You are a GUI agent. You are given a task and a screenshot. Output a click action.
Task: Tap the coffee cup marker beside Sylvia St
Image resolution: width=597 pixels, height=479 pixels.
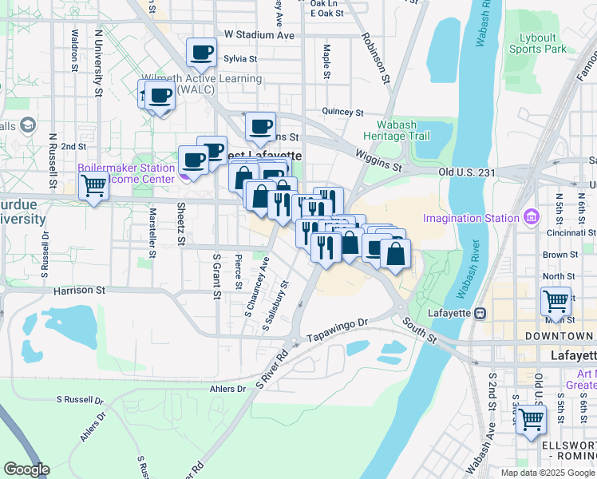202,53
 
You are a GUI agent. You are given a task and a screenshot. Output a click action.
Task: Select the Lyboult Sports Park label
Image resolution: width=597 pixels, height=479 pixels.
536,43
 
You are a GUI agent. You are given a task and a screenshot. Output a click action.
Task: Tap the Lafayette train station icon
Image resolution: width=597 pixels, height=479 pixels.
480,312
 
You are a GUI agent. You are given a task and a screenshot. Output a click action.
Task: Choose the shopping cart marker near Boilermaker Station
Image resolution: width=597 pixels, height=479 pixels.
94,187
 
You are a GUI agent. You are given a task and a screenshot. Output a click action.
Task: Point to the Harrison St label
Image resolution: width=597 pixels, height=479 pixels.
79,291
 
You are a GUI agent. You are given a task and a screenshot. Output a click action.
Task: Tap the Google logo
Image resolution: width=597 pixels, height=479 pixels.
26,469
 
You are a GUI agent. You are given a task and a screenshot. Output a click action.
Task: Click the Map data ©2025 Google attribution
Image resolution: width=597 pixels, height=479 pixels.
547,473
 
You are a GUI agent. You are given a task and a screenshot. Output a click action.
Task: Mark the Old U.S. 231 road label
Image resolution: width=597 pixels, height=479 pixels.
472,172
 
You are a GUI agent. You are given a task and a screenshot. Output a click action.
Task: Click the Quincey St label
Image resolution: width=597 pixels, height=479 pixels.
342,113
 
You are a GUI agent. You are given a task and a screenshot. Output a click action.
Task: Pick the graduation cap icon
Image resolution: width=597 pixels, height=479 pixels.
29,125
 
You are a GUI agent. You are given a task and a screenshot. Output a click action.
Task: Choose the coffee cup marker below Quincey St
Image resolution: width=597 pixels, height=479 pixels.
260,126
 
